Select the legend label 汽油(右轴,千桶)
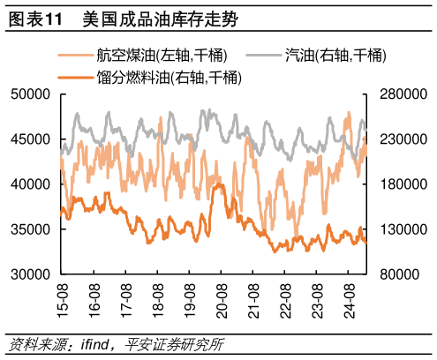pyautogui.click(x=335, y=56)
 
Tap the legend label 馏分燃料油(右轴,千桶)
pyautogui.click(x=170, y=78)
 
